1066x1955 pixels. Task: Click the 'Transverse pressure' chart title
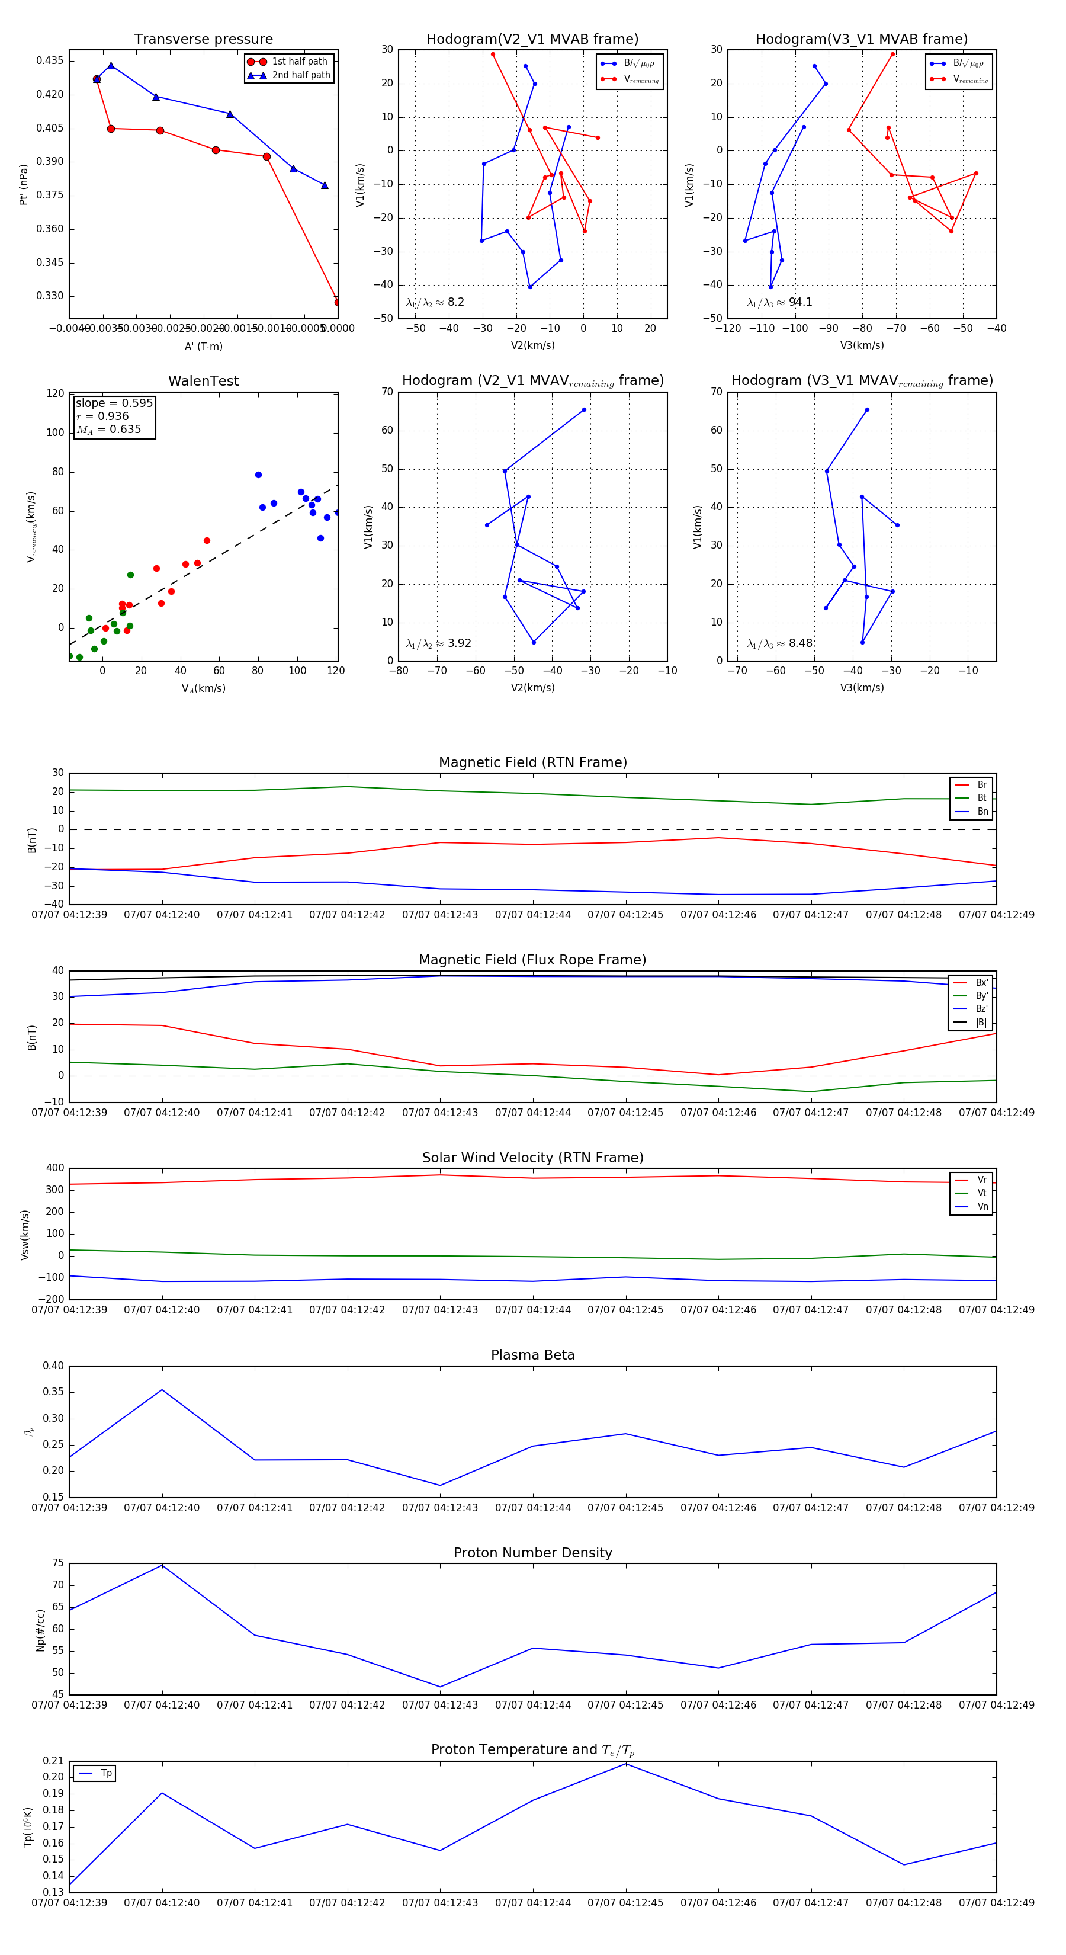coord(203,40)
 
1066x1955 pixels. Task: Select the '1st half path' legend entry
coord(299,62)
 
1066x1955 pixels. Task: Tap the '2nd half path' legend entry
coord(300,75)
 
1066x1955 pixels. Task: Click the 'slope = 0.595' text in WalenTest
coord(114,403)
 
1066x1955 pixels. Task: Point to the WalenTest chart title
coord(203,381)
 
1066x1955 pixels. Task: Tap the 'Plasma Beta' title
coord(532,1355)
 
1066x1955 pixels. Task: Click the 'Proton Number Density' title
coord(532,1553)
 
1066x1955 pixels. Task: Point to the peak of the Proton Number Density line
coord(162,1565)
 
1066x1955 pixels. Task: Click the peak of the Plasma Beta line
coord(162,1390)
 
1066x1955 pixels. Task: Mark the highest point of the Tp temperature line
coord(626,1763)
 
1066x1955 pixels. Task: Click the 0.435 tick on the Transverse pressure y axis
coord(50,60)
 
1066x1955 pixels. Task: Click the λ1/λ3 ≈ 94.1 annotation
coord(779,302)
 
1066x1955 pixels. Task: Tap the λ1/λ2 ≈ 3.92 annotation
coord(438,643)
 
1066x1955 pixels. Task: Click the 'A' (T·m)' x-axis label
coord(203,346)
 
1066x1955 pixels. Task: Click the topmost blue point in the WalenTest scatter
coord(258,475)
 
